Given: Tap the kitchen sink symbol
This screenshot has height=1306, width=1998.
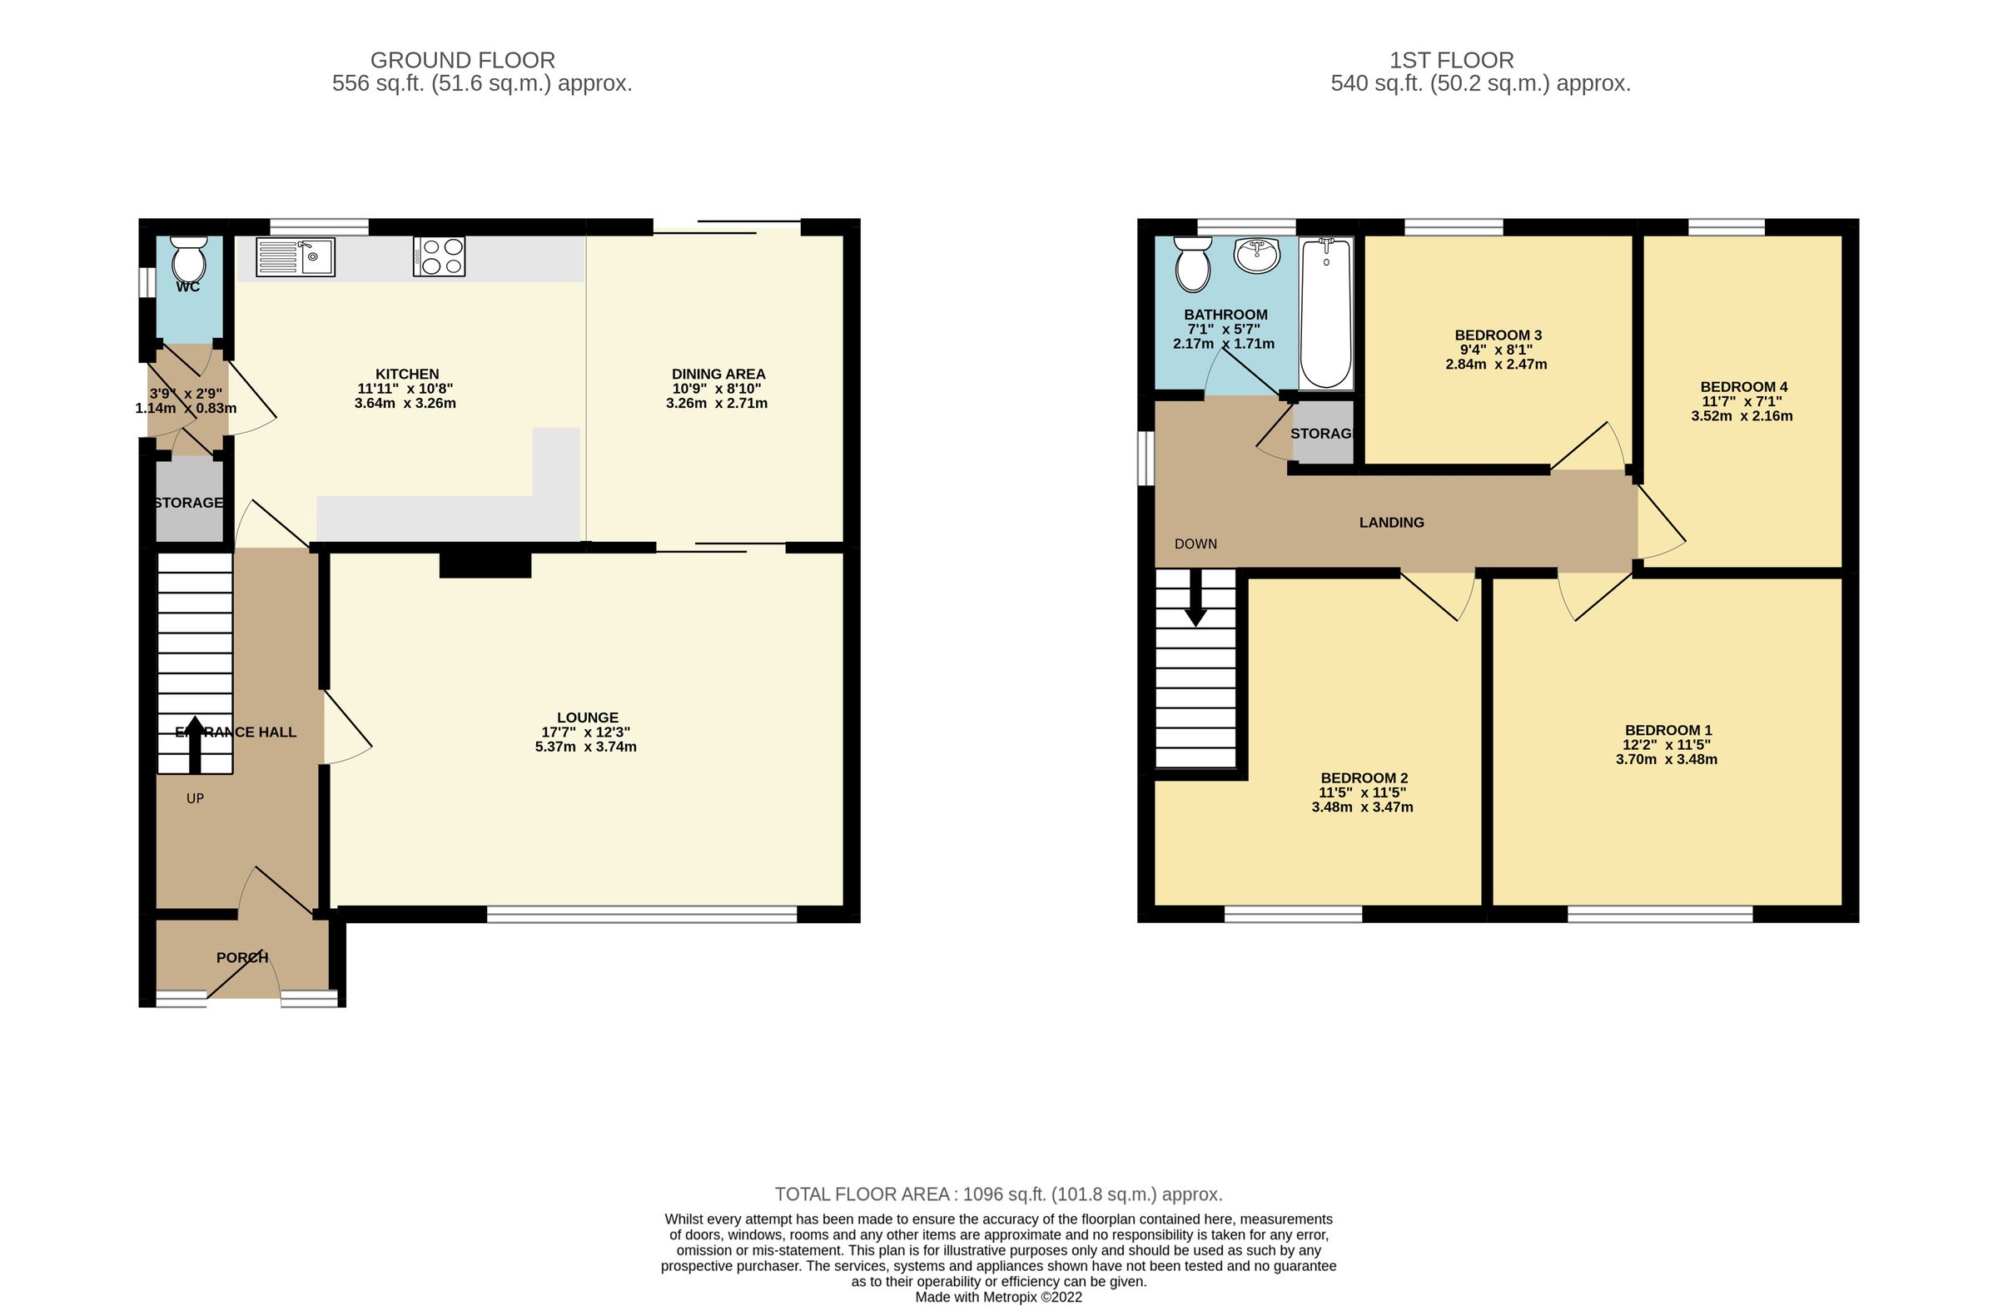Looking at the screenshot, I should click(x=296, y=257).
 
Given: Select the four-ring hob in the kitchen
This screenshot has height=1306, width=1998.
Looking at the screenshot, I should click(x=439, y=257).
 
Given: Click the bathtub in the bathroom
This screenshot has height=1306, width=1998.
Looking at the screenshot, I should click(x=1325, y=312).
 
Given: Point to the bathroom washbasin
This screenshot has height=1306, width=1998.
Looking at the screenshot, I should click(x=1257, y=255).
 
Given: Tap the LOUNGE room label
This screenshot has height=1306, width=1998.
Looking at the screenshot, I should click(x=587, y=718).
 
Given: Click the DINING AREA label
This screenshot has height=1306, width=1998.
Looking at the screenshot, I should click(x=718, y=375).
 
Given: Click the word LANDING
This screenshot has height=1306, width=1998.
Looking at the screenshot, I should click(x=1391, y=523).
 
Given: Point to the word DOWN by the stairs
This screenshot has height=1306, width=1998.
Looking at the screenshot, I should click(x=1195, y=544).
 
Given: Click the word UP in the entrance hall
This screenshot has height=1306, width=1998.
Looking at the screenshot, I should click(x=195, y=799).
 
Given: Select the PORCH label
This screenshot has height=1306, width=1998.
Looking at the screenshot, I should click(x=241, y=958).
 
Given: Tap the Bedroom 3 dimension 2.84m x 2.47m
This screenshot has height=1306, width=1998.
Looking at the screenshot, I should click(x=1495, y=365).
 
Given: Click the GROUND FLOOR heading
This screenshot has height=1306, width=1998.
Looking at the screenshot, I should click(x=463, y=61).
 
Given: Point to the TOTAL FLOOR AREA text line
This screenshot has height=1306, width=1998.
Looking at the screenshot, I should click(x=998, y=1194).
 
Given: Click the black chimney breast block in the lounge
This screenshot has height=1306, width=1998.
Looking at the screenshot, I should click(x=485, y=565).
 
